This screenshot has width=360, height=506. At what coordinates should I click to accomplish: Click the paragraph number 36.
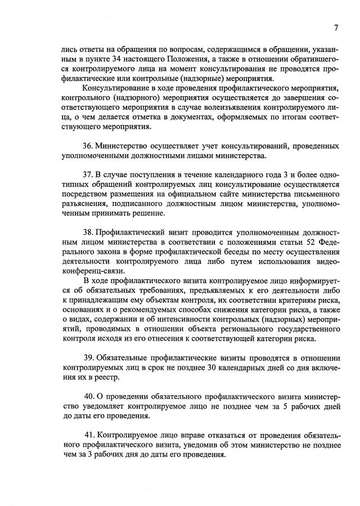88,146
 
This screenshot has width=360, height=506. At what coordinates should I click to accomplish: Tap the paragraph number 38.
88,232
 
